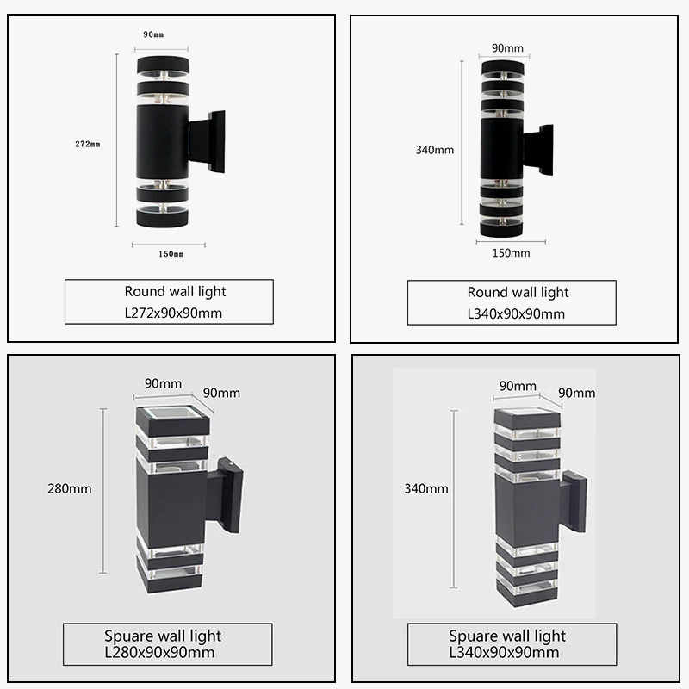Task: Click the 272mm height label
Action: [x=87, y=144]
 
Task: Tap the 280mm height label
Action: [x=69, y=489]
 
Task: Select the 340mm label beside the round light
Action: [x=434, y=150]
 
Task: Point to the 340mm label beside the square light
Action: [x=426, y=489]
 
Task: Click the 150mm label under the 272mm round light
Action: [x=170, y=254]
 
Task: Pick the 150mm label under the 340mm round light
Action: [x=511, y=252]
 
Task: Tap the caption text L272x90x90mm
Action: [x=173, y=313]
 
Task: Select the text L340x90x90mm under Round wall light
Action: [x=516, y=313]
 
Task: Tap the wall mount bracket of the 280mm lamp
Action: [x=227, y=495]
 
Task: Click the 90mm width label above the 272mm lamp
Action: [x=153, y=34]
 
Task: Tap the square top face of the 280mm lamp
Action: [x=172, y=414]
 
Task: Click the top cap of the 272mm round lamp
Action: [x=162, y=64]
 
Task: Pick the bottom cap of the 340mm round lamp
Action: [x=501, y=228]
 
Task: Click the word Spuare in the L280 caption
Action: [x=129, y=636]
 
